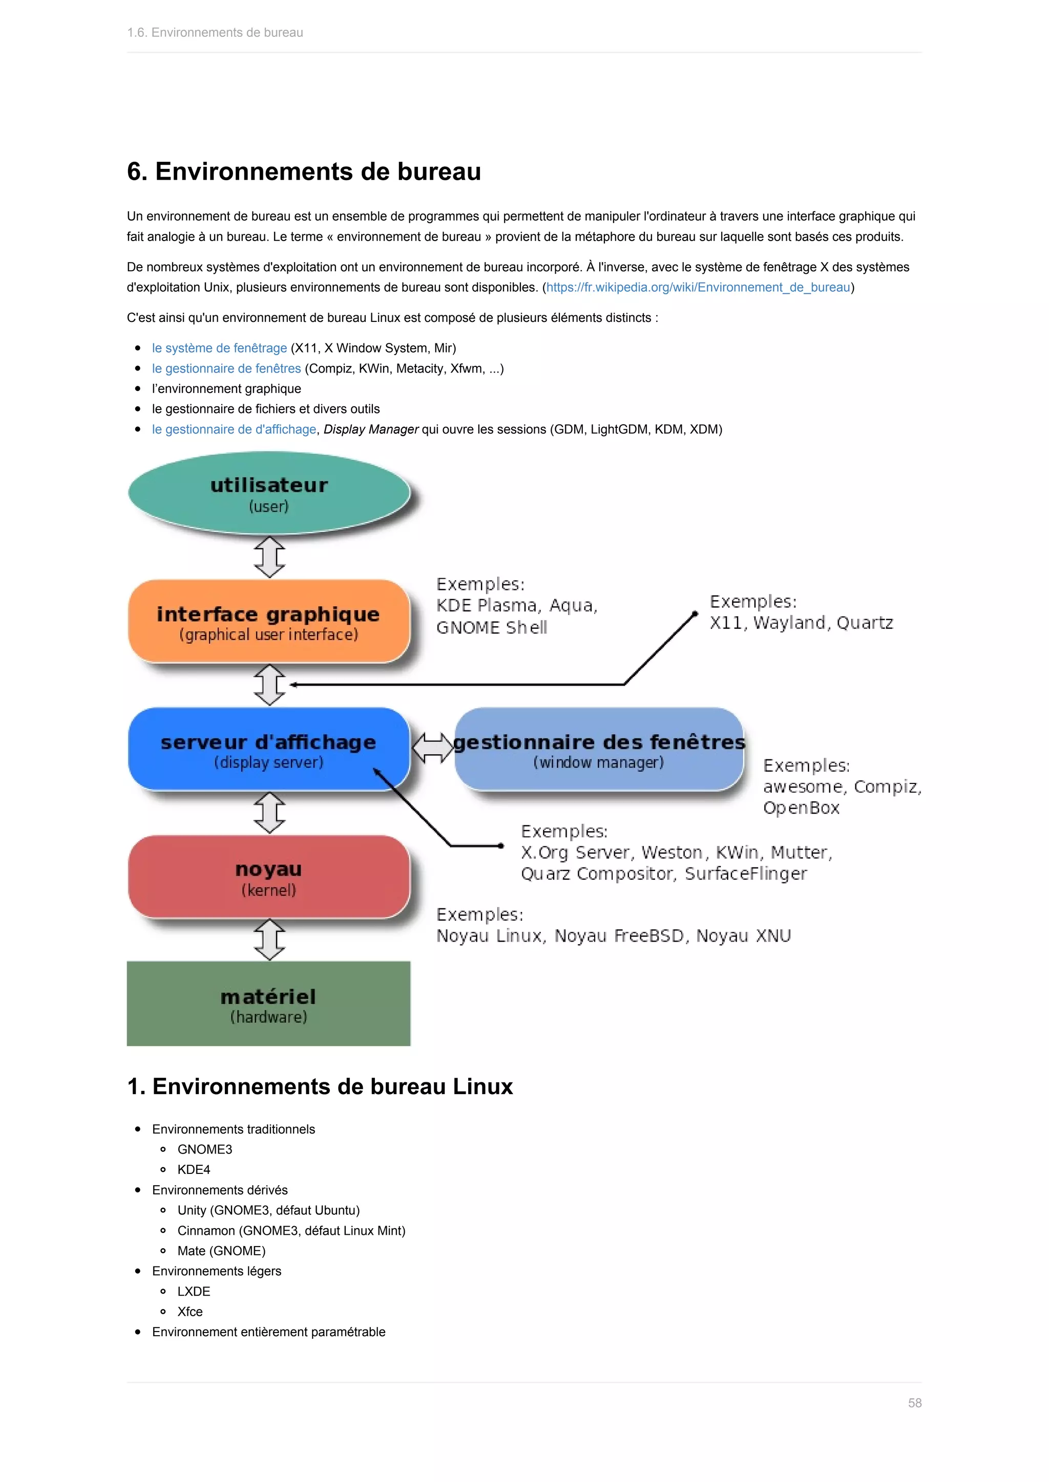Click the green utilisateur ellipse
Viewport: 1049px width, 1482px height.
[269, 493]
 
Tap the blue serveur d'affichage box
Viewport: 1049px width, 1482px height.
[269, 749]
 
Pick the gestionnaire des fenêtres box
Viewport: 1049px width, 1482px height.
[599, 749]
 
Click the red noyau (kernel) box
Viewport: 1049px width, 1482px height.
[269, 877]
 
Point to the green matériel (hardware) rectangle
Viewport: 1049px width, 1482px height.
[269, 1004]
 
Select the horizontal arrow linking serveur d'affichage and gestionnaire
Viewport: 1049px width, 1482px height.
[433, 748]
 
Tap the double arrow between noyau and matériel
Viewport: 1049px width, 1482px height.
[269, 940]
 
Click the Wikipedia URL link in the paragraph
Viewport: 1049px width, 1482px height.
[698, 287]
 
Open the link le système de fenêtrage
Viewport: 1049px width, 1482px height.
[219, 348]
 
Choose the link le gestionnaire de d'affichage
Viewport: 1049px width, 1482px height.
[234, 429]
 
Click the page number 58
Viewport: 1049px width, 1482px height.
[914, 1403]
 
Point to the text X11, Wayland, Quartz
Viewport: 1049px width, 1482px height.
[801, 623]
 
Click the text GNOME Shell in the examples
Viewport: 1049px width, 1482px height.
[492, 627]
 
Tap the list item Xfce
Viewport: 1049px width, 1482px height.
[190, 1312]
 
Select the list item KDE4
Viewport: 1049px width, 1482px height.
[194, 1170]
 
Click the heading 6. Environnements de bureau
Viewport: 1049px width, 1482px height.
[304, 172]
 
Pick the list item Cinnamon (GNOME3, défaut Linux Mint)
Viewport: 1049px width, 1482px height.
[291, 1230]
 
